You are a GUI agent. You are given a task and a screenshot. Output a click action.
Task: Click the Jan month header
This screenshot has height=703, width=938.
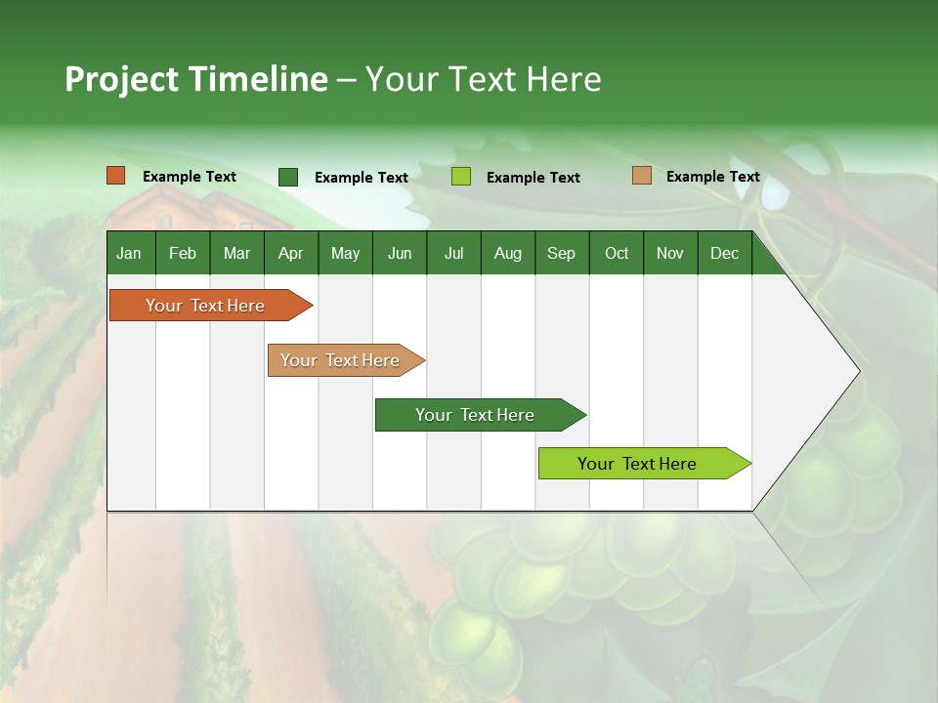tap(129, 253)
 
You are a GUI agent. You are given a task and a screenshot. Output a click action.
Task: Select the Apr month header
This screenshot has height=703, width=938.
tap(290, 253)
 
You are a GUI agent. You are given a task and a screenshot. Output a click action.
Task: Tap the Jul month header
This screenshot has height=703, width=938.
tap(453, 253)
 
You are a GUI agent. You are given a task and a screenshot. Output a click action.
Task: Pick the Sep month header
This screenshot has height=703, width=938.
tap(561, 253)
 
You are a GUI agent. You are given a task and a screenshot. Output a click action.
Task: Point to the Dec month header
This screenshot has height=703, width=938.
tap(724, 253)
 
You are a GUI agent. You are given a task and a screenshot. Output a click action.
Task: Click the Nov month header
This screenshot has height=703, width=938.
tap(669, 253)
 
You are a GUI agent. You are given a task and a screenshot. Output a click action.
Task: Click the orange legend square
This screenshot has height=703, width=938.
tap(116, 176)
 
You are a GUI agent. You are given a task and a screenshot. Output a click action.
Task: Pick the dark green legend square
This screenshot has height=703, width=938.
tap(288, 177)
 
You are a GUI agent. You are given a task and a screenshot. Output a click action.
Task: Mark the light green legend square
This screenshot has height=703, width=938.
tap(461, 177)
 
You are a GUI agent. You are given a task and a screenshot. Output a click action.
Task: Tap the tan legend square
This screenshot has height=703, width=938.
tap(642, 176)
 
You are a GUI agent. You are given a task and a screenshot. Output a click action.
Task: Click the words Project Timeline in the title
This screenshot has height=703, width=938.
tap(195, 79)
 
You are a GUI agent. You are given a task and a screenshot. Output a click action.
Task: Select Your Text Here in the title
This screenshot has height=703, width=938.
tap(483, 79)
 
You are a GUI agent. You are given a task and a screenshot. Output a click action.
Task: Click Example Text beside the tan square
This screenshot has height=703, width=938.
tap(712, 177)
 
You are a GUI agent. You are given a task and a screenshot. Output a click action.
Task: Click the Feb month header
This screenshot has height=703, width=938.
tap(183, 253)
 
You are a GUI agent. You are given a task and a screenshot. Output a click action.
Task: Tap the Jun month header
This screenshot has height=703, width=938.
tap(400, 253)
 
